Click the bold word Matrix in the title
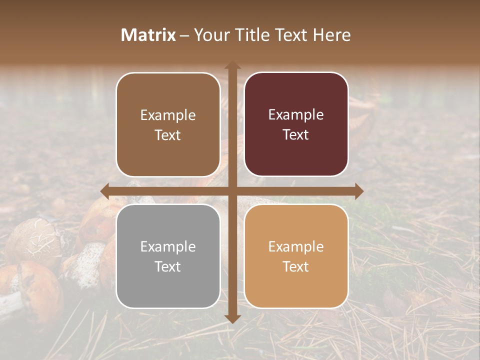click(x=148, y=35)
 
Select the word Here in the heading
click(x=332, y=35)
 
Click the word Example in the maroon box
click(x=296, y=115)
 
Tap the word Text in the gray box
click(x=168, y=266)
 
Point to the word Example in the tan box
click(x=296, y=246)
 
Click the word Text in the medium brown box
click(x=168, y=135)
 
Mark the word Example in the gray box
click(x=168, y=246)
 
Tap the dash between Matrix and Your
click(x=184, y=35)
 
